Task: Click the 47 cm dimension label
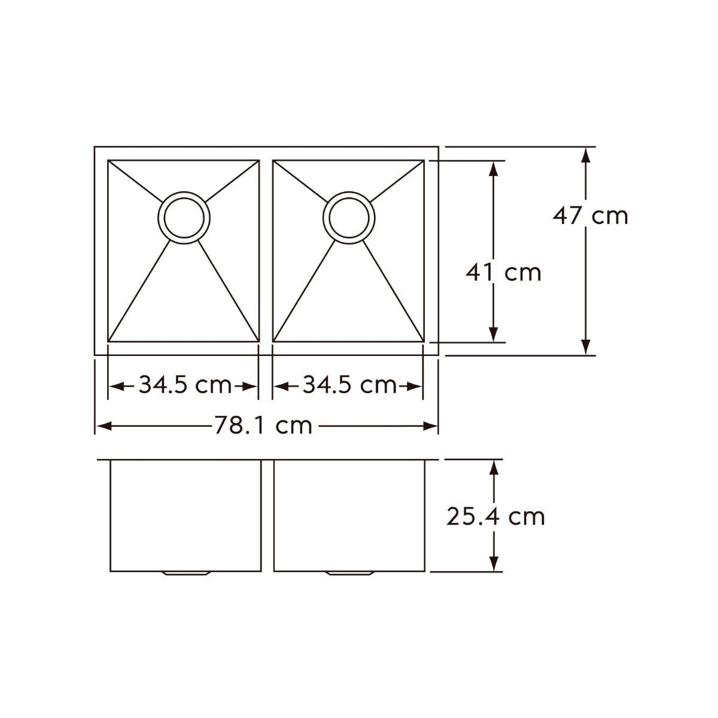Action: (590, 215)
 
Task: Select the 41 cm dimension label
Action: (503, 273)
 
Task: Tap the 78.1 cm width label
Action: (263, 426)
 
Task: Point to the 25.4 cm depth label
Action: (495, 516)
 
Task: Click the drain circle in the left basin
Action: (184, 218)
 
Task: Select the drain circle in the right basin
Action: (349, 217)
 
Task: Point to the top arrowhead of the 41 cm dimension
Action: (493, 168)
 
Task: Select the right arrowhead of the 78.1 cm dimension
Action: (431, 426)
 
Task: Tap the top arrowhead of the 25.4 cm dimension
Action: (494, 467)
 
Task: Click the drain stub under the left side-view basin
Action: (185, 574)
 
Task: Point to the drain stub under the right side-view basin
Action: (349, 574)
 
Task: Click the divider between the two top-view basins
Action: (266, 251)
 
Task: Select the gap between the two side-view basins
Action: (267, 515)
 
